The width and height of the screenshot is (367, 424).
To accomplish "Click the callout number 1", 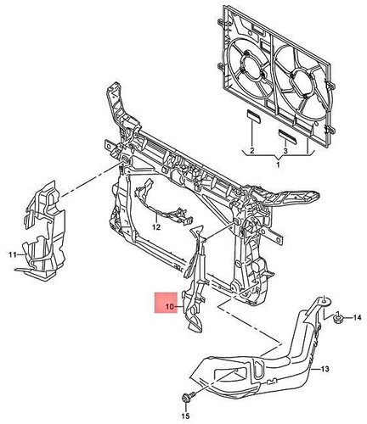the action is pyautogui.click(x=278, y=165).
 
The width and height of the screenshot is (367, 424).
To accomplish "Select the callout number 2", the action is pyautogui.click(x=252, y=151).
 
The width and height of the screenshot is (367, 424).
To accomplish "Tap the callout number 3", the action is pyautogui.click(x=285, y=151).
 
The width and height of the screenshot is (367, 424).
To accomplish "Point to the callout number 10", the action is pyautogui.click(x=170, y=306).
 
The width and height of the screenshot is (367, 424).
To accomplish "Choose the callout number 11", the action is pyautogui.click(x=13, y=254).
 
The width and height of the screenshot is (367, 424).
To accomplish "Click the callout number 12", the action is pyautogui.click(x=156, y=226).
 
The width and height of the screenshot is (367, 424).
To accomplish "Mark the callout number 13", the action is pyautogui.click(x=325, y=369).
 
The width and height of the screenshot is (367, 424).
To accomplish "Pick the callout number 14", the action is pyautogui.click(x=358, y=318).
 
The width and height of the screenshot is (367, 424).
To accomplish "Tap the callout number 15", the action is pyautogui.click(x=185, y=416).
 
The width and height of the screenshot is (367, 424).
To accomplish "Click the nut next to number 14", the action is pyautogui.click(x=338, y=318).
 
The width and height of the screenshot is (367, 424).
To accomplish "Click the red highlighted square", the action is pyautogui.click(x=166, y=302).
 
